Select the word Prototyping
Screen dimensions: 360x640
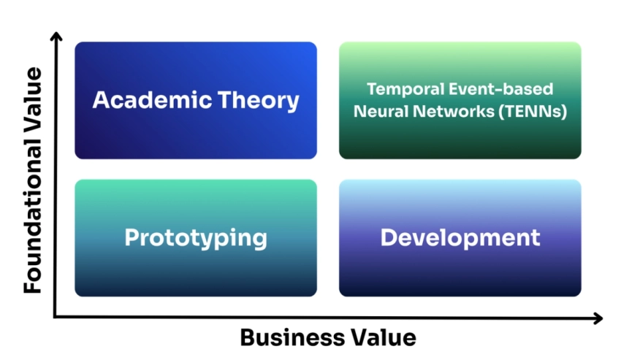click(196, 238)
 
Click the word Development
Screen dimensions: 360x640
click(460, 238)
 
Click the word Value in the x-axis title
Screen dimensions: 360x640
click(385, 338)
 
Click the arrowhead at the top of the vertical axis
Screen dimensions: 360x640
click(55, 37)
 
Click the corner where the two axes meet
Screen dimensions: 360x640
click(55, 318)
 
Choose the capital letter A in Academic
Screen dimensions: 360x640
click(101, 100)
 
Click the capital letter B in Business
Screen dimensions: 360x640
click(248, 338)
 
